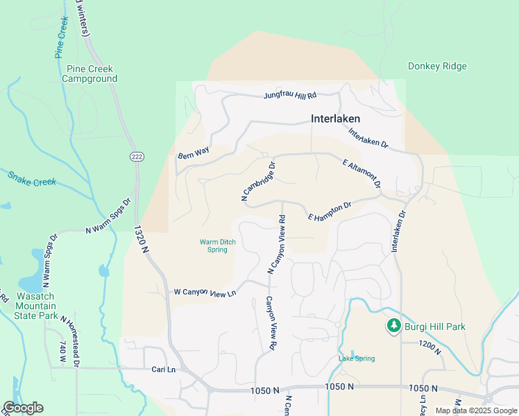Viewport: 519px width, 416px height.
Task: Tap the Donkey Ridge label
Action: (437, 67)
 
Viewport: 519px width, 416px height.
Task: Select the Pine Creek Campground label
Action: (90, 73)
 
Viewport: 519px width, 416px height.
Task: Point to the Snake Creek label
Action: (31, 177)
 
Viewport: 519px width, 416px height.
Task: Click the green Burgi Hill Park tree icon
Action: (393, 326)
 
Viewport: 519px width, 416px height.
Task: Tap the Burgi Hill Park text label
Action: (436, 327)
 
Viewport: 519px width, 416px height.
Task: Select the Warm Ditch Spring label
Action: (217, 245)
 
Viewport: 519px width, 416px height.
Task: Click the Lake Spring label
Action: (357, 358)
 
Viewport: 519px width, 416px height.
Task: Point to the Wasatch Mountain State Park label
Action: (35, 306)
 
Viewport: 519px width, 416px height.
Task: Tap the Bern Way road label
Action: (193, 153)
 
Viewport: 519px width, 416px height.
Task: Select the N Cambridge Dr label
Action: (259, 182)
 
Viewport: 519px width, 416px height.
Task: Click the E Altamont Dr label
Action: (362, 173)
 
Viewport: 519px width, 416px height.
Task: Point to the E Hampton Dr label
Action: (330, 211)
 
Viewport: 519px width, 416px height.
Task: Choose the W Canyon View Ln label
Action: (205, 293)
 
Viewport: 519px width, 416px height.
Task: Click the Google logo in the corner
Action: (23, 408)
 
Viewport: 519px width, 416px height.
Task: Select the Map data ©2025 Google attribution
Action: (475, 410)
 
